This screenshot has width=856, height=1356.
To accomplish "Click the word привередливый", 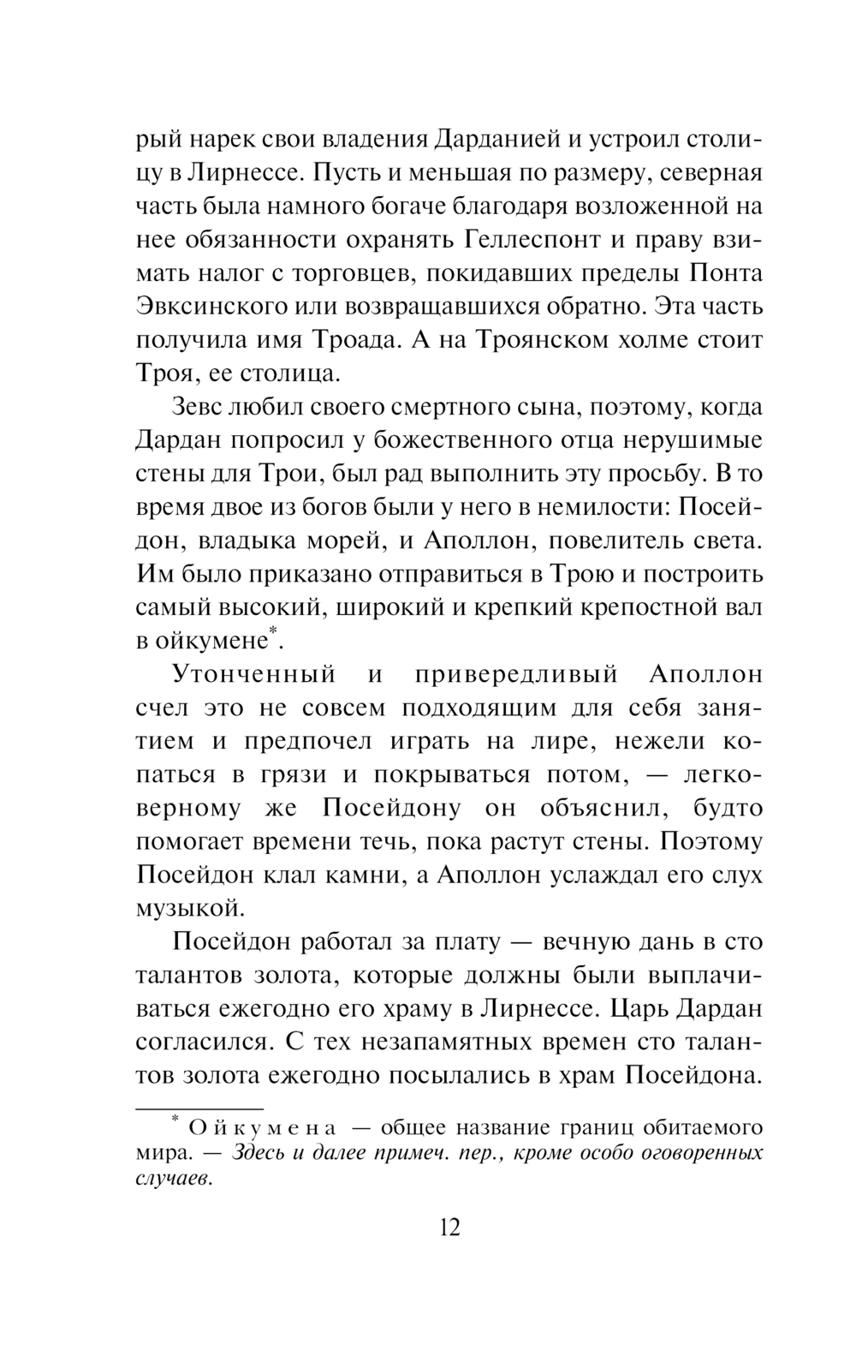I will [515, 674].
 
